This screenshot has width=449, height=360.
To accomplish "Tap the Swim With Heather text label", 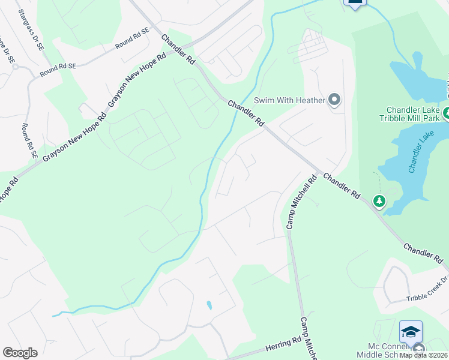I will [x=289, y=100].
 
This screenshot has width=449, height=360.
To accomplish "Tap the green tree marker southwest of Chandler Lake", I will [x=379, y=202].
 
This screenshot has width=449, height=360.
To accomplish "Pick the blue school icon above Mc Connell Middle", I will [x=411, y=332].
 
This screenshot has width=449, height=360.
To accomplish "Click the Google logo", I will [x=20, y=353].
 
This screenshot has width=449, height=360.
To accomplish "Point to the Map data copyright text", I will [x=424, y=355].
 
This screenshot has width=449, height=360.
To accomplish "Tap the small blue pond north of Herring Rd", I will [x=209, y=305].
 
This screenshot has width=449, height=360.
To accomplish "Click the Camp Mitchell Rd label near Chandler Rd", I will [x=300, y=202].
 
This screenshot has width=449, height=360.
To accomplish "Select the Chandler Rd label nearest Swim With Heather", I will [x=246, y=112].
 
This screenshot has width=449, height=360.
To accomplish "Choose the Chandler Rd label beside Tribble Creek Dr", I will [x=424, y=254].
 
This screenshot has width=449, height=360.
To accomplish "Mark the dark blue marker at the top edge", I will [x=355, y=2].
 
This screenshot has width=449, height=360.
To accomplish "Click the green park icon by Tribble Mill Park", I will [x=447, y=113].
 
